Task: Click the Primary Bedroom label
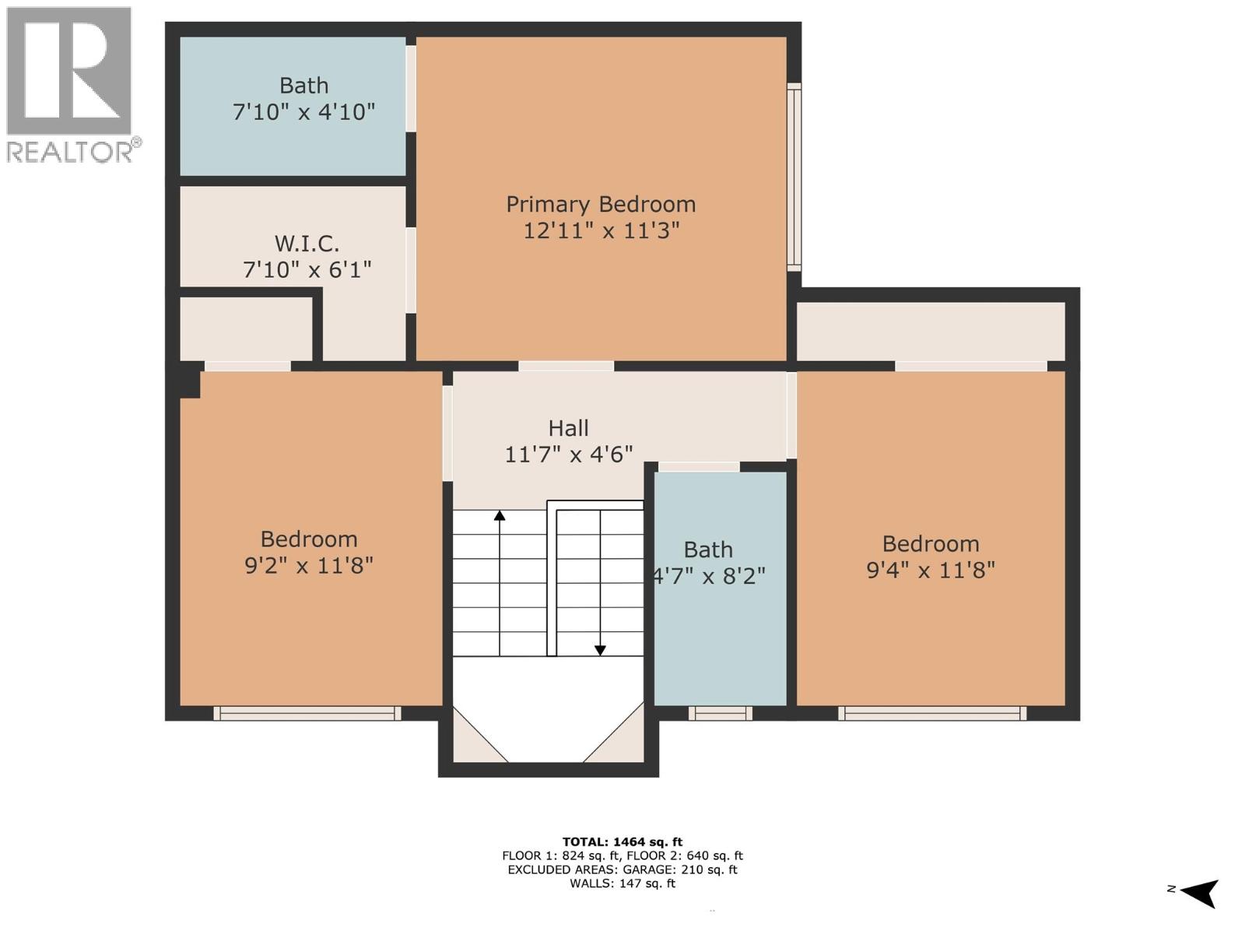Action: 601,204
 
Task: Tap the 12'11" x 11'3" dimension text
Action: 601,230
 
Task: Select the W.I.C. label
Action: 307,244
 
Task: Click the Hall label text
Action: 568,428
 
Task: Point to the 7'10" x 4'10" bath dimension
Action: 303,112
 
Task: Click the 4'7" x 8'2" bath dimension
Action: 708,576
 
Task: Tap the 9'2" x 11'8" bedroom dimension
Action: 309,565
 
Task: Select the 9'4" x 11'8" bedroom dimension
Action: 931,570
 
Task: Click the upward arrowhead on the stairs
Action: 500,515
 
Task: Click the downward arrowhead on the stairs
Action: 600,650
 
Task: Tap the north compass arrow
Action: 1201,892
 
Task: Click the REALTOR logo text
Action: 74,150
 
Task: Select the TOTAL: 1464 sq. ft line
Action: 622,841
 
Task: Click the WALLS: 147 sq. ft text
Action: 622,883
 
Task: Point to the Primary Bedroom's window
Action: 794,177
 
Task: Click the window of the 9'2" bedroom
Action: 307,713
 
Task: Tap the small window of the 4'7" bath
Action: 720,713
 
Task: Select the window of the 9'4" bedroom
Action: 932,713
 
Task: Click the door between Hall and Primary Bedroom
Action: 566,366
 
